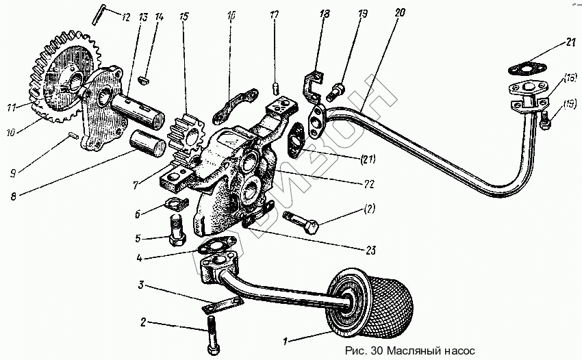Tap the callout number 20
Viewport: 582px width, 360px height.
point(400,12)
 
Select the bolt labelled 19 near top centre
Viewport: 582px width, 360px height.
point(337,88)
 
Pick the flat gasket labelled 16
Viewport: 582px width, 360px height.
point(235,103)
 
